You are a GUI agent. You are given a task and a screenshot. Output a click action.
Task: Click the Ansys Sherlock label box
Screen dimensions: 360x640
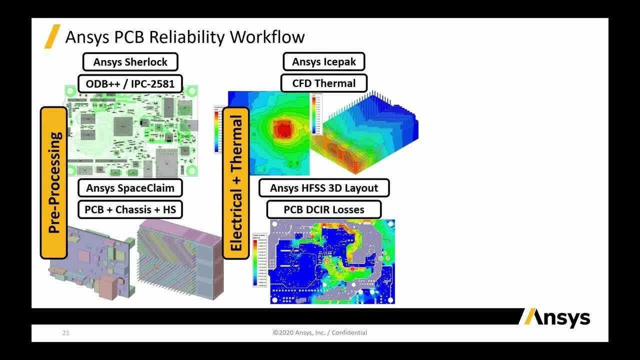tap(129, 62)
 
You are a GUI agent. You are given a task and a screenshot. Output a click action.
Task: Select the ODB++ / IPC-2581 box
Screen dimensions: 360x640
tap(129, 83)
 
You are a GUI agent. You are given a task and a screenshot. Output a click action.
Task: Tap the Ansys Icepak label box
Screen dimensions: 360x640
tap(323, 62)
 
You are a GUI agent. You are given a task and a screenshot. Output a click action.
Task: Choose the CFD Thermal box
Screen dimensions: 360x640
tap(323, 83)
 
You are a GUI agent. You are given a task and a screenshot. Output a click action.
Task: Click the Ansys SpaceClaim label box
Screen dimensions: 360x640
tap(130, 188)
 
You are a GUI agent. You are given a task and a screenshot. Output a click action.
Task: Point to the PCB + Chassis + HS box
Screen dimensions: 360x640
tap(130, 209)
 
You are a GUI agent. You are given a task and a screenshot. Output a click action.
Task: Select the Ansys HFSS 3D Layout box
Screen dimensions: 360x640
tap(323, 188)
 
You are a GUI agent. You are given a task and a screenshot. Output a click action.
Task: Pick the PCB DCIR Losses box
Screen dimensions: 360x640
tap(323, 209)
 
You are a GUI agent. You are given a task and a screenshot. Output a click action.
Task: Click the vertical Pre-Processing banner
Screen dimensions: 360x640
tap(54, 182)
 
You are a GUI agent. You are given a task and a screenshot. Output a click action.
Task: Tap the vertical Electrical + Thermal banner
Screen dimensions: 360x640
tap(235, 182)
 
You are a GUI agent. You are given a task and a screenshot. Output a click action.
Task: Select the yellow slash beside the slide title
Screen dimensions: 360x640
tap(52, 36)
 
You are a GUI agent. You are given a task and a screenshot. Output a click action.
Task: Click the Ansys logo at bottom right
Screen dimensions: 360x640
tap(555, 318)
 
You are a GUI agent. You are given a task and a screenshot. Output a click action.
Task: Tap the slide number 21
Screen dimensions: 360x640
tap(65, 332)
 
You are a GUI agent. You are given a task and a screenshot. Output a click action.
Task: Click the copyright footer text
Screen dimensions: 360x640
tap(320, 332)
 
